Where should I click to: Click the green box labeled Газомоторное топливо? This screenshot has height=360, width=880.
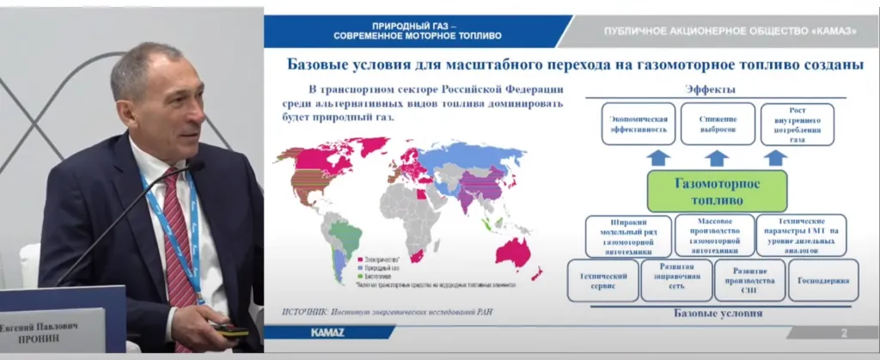[716, 191]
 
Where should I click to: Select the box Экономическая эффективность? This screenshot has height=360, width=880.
[639, 125]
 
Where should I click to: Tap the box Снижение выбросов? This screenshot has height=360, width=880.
[718, 125]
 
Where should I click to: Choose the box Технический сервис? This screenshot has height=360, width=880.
[603, 281]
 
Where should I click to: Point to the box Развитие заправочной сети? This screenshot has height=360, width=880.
[676, 281]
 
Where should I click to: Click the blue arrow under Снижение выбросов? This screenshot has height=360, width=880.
[717, 158]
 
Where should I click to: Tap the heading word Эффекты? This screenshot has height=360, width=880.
[709, 89]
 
